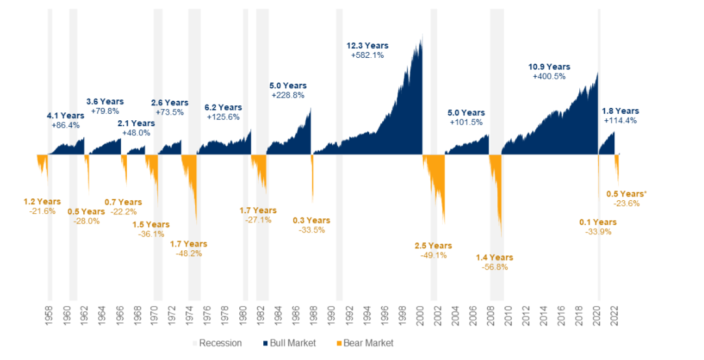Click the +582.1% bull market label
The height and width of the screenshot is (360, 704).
point(367,56)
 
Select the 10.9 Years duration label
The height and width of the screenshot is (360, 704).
point(549,67)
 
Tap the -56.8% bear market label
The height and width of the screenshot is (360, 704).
point(495,267)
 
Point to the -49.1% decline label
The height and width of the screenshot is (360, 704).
point(434,255)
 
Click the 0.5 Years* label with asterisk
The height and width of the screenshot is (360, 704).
point(627,194)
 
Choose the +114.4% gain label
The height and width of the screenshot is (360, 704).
point(620,120)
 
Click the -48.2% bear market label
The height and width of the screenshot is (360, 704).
point(189,253)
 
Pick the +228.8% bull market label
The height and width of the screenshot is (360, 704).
point(288,96)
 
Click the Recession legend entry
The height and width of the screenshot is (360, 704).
point(217,343)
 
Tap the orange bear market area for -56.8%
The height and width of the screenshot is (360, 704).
point(498,195)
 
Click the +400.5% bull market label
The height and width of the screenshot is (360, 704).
point(549,77)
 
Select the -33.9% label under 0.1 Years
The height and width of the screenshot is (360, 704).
point(598,232)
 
